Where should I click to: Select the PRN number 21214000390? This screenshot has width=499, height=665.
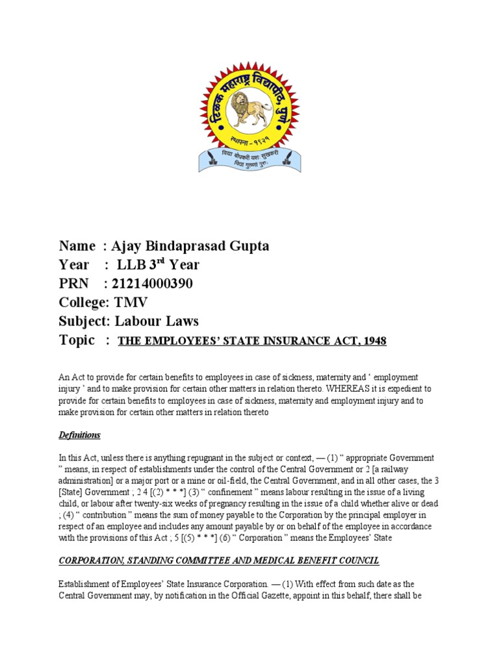click(153, 284)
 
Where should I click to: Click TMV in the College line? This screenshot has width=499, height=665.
click(131, 303)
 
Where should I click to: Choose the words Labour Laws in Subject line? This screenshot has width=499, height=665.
click(157, 321)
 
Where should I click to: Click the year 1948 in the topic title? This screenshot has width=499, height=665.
click(374, 342)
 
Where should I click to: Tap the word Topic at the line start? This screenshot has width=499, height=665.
click(76, 340)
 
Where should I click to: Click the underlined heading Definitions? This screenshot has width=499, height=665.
click(79, 434)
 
